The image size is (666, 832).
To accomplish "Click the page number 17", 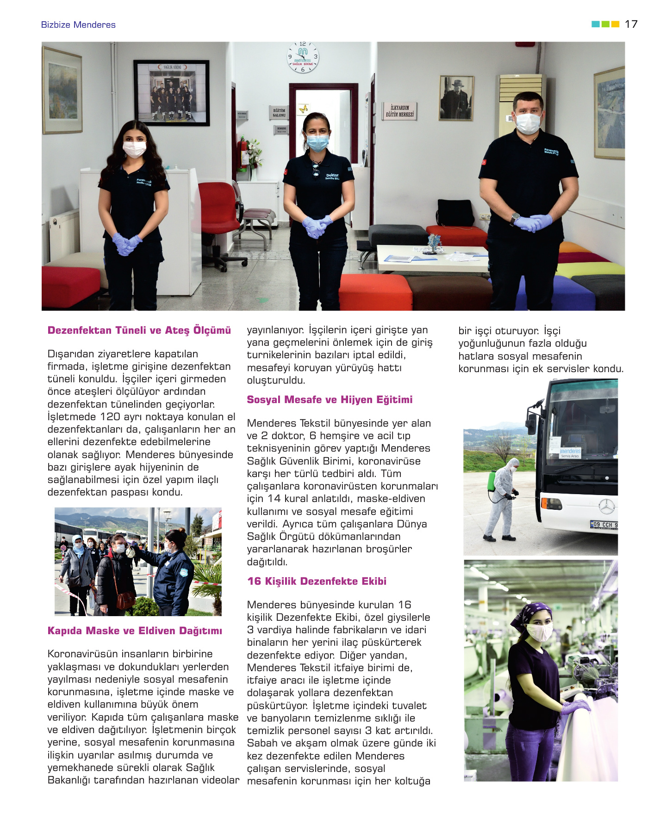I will pos(631,24).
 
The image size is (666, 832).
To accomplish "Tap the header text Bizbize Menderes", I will pos(78,25).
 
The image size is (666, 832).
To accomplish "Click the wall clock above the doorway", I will pos(303,57).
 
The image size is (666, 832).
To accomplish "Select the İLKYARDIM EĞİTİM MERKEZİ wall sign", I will pos(400,111).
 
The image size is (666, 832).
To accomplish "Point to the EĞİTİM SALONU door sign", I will pos(279,112).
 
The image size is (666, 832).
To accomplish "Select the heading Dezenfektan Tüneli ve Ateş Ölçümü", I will pos(139,330).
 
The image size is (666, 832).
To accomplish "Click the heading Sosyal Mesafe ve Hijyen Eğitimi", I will pos(330,400).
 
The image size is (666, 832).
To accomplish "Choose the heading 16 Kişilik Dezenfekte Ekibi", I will pos(317,581).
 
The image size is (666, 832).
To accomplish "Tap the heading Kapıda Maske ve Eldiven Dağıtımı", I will pos(135,631).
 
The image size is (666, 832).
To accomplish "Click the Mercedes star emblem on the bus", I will pos(606,507).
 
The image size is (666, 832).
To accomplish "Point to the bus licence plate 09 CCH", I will pos(604,525).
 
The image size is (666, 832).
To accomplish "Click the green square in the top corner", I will pos(605,24).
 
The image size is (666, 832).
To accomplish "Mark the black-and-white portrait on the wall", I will pos(456,98).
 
